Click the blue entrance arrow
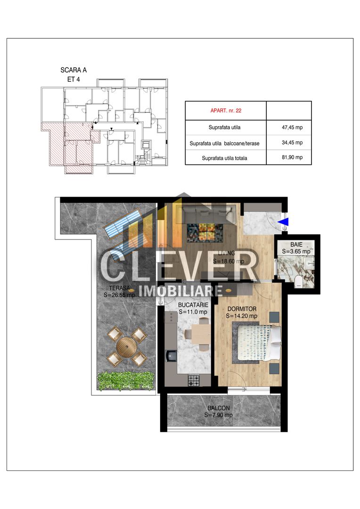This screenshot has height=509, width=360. pyautogui.click(x=283, y=222)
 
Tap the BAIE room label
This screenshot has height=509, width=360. pyautogui.click(x=296, y=245)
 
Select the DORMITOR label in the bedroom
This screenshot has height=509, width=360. pyautogui.click(x=242, y=309)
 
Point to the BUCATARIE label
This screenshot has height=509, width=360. pyautogui.click(x=193, y=305)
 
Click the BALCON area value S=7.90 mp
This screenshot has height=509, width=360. pyautogui.click(x=219, y=415)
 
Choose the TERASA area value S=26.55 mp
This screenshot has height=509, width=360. pyautogui.click(x=119, y=295)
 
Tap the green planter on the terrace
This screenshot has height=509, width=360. pyautogui.click(x=126, y=380)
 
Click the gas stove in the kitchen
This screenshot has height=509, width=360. pyautogui.click(x=194, y=380)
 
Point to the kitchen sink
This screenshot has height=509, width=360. pyautogui.click(x=171, y=355)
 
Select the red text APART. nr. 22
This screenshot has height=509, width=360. pyautogui.click(x=226, y=111)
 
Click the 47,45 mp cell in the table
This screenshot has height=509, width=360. pyautogui.click(x=292, y=128)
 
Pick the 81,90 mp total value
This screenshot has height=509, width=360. pyautogui.click(x=292, y=157)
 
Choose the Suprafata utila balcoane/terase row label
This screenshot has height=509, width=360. pyautogui.click(x=224, y=143)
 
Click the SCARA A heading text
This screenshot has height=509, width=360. pyautogui.click(x=74, y=70)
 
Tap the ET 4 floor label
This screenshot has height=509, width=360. pyautogui.click(x=74, y=79)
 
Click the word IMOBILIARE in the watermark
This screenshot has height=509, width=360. pyautogui.click(x=181, y=291)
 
